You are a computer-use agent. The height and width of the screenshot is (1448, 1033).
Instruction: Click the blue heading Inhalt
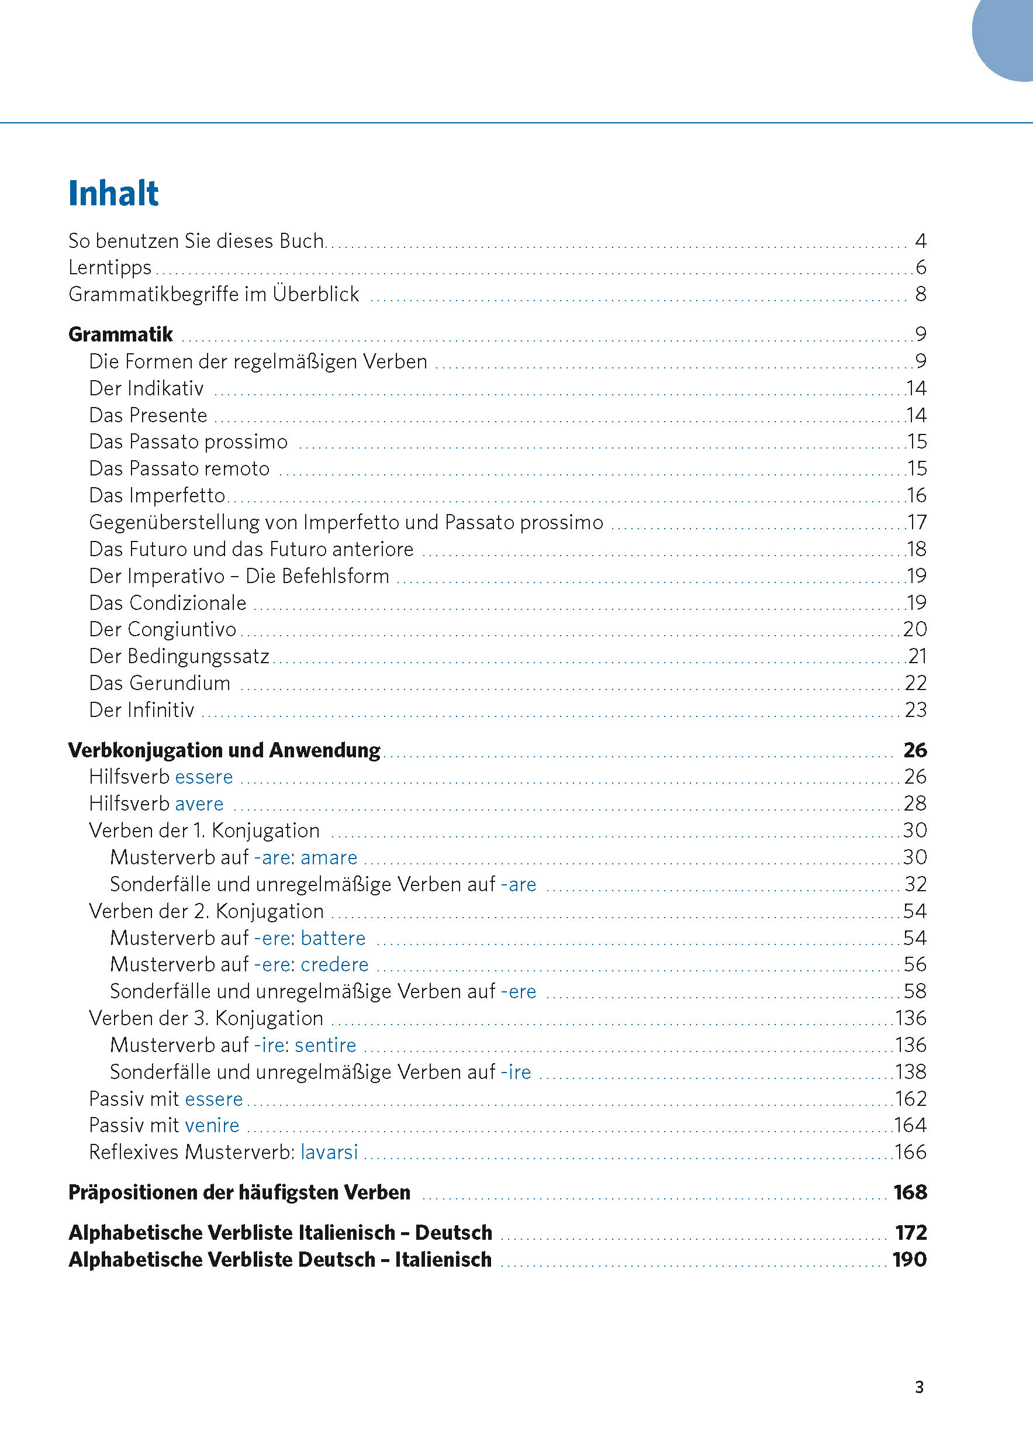pos(113,194)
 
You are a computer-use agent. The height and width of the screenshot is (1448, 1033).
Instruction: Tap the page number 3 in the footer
pos(918,1387)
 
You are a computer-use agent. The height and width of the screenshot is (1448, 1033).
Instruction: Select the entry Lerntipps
pos(110,267)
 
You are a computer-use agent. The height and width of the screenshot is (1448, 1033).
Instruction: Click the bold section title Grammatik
pos(120,335)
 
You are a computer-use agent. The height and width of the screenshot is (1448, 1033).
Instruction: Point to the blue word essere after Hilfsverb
pos(203,777)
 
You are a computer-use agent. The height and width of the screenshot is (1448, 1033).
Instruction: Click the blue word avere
pos(199,804)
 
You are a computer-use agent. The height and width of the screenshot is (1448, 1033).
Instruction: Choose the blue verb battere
pos(333,938)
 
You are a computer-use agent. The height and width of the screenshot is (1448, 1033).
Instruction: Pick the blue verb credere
pos(334,964)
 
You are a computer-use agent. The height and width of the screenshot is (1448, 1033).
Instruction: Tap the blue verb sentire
pos(325,1044)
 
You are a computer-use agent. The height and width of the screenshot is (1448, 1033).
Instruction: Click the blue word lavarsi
pos(329,1151)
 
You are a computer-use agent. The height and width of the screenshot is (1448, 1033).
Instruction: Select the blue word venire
pos(212,1125)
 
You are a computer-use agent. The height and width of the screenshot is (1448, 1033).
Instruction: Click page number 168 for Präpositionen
pos(910,1192)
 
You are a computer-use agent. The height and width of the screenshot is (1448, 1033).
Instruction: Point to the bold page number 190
pos(910,1259)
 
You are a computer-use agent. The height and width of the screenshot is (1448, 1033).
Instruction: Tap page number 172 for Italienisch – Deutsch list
pos(911,1232)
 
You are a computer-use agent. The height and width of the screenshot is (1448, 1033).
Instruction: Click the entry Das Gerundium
pos(160,683)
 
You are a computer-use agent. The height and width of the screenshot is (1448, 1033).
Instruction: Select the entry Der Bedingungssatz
pos(179,656)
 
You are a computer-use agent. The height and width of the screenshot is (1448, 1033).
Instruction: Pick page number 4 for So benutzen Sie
pos(920,240)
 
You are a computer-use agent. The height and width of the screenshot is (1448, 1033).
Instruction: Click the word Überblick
pos(316,294)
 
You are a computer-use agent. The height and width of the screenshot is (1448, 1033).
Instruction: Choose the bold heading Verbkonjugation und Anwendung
pos(224,750)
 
